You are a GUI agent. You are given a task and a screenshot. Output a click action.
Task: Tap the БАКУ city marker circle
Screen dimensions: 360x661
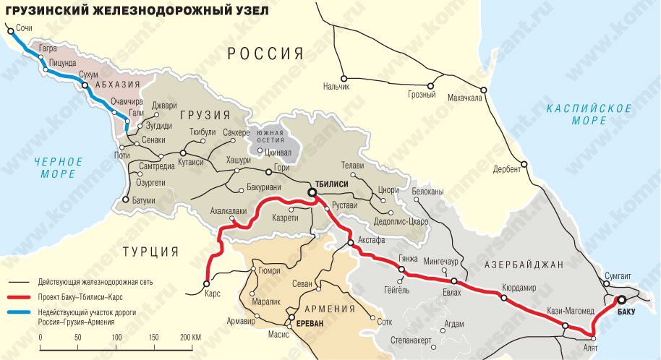pos(621,301)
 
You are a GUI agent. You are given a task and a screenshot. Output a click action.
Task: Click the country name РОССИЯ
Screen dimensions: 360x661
pos(265,53)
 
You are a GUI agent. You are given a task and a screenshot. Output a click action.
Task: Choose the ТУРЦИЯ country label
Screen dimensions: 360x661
pos(150,252)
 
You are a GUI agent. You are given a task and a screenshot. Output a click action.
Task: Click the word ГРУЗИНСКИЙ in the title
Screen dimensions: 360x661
pos(47,9)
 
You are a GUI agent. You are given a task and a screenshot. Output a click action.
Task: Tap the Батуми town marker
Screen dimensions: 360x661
pos(126,200)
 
